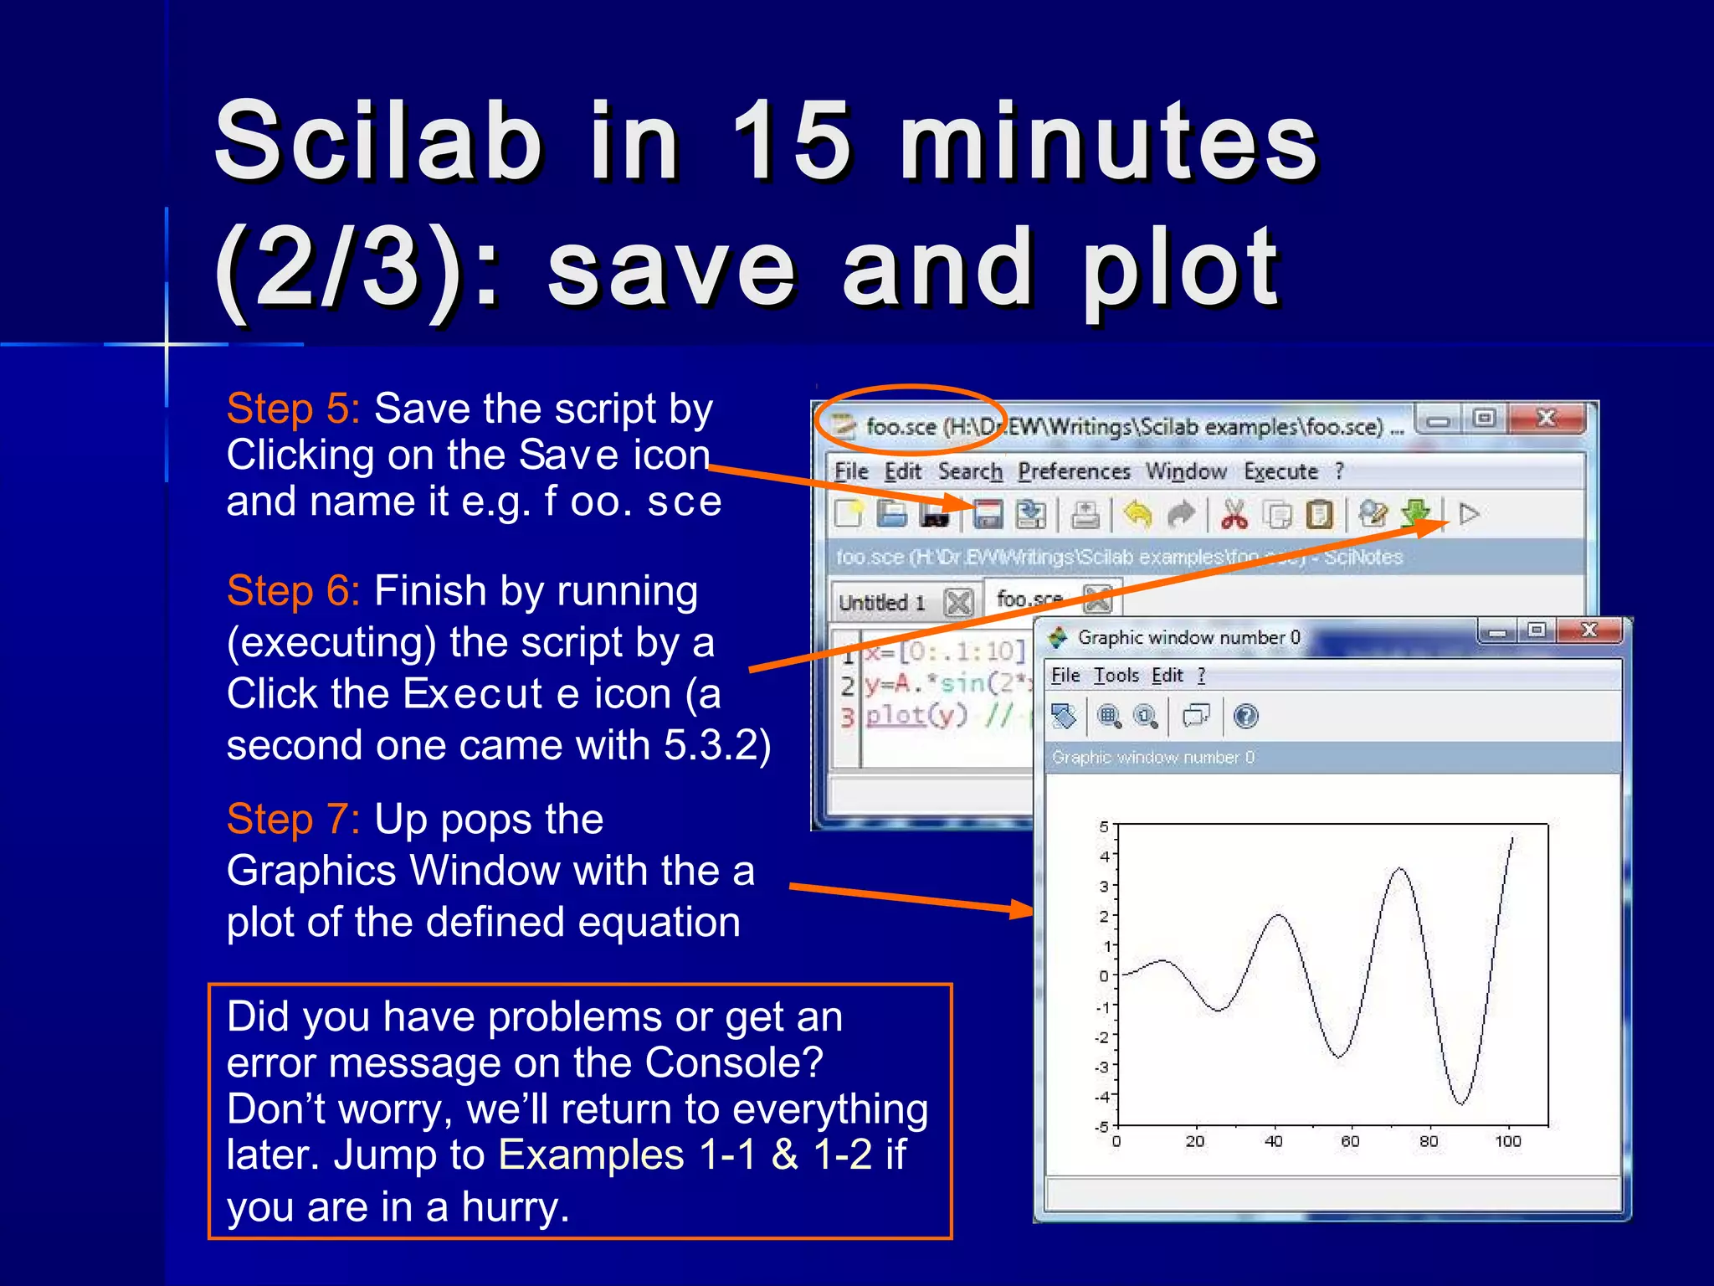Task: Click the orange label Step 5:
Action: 293,409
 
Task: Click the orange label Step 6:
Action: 293,591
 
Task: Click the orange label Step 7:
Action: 293,819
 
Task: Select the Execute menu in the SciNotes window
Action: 1280,471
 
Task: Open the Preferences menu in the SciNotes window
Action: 1074,471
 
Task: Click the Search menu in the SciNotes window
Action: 969,471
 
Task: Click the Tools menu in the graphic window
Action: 1116,675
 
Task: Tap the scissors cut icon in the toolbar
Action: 1234,514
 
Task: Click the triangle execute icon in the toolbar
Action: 1469,513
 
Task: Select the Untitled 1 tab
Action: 882,602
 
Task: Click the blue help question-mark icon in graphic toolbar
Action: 1245,716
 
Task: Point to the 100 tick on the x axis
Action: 1507,1141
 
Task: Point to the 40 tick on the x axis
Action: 1273,1141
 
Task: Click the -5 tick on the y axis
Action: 1102,1127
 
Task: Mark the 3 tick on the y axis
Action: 1104,886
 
